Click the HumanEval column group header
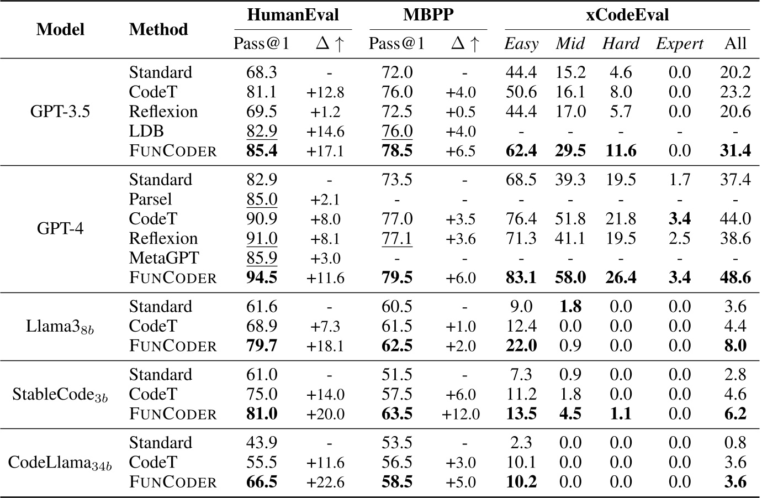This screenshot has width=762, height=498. pyautogui.click(x=293, y=15)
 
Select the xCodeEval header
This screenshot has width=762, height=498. pyautogui.click(x=627, y=15)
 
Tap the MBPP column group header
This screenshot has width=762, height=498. pyautogui.click(x=428, y=15)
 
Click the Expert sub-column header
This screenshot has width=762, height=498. pyautogui.click(x=679, y=44)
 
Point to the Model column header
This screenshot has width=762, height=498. pyautogui.click(x=60, y=29)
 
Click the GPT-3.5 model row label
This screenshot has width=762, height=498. pyautogui.click(x=60, y=112)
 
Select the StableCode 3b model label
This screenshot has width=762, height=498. pyautogui.click(x=60, y=395)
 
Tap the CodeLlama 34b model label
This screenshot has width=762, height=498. pyautogui.click(x=60, y=463)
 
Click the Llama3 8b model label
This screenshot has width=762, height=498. pyautogui.click(x=60, y=327)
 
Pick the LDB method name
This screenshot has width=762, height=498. pyautogui.click(x=146, y=131)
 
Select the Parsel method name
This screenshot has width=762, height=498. pyautogui.click(x=150, y=199)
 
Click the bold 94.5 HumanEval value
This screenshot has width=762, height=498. pyautogui.click(x=262, y=277)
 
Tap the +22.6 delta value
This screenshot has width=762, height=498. pyautogui.click(x=325, y=483)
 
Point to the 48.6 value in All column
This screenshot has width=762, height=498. pyautogui.click(x=735, y=277)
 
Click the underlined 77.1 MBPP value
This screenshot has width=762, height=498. pyautogui.click(x=396, y=238)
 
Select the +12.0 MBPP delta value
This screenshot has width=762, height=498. pyautogui.click(x=461, y=415)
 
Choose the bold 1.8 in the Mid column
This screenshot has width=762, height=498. pyautogui.click(x=570, y=307)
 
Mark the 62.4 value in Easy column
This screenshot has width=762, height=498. pyautogui.click(x=521, y=151)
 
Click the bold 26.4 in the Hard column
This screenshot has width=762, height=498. pyautogui.click(x=620, y=277)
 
